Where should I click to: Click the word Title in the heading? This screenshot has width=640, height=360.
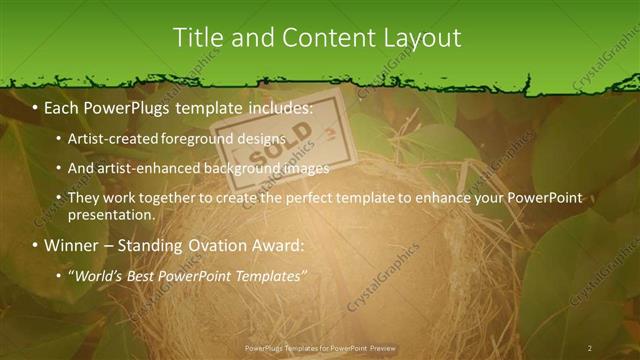pyautogui.click(x=198, y=38)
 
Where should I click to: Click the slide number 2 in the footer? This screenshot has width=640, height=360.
pyautogui.click(x=590, y=348)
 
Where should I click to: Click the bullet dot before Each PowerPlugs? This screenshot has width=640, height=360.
pyautogui.click(x=35, y=106)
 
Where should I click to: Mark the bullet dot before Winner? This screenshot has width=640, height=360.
pyautogui.click(x=35, y=245)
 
